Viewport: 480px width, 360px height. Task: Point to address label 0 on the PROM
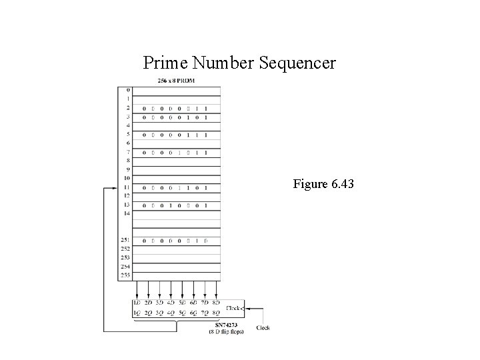pos(128,90)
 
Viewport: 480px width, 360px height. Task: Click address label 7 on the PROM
pos(128,152)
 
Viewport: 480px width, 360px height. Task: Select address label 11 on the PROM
pos(127,188)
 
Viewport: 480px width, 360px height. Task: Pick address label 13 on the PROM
pos(127,205)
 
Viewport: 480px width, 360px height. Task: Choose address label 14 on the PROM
pos(127,214)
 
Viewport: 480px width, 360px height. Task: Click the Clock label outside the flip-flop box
pos(263,327)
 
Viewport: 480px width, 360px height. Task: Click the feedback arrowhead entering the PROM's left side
pos(114,188)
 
